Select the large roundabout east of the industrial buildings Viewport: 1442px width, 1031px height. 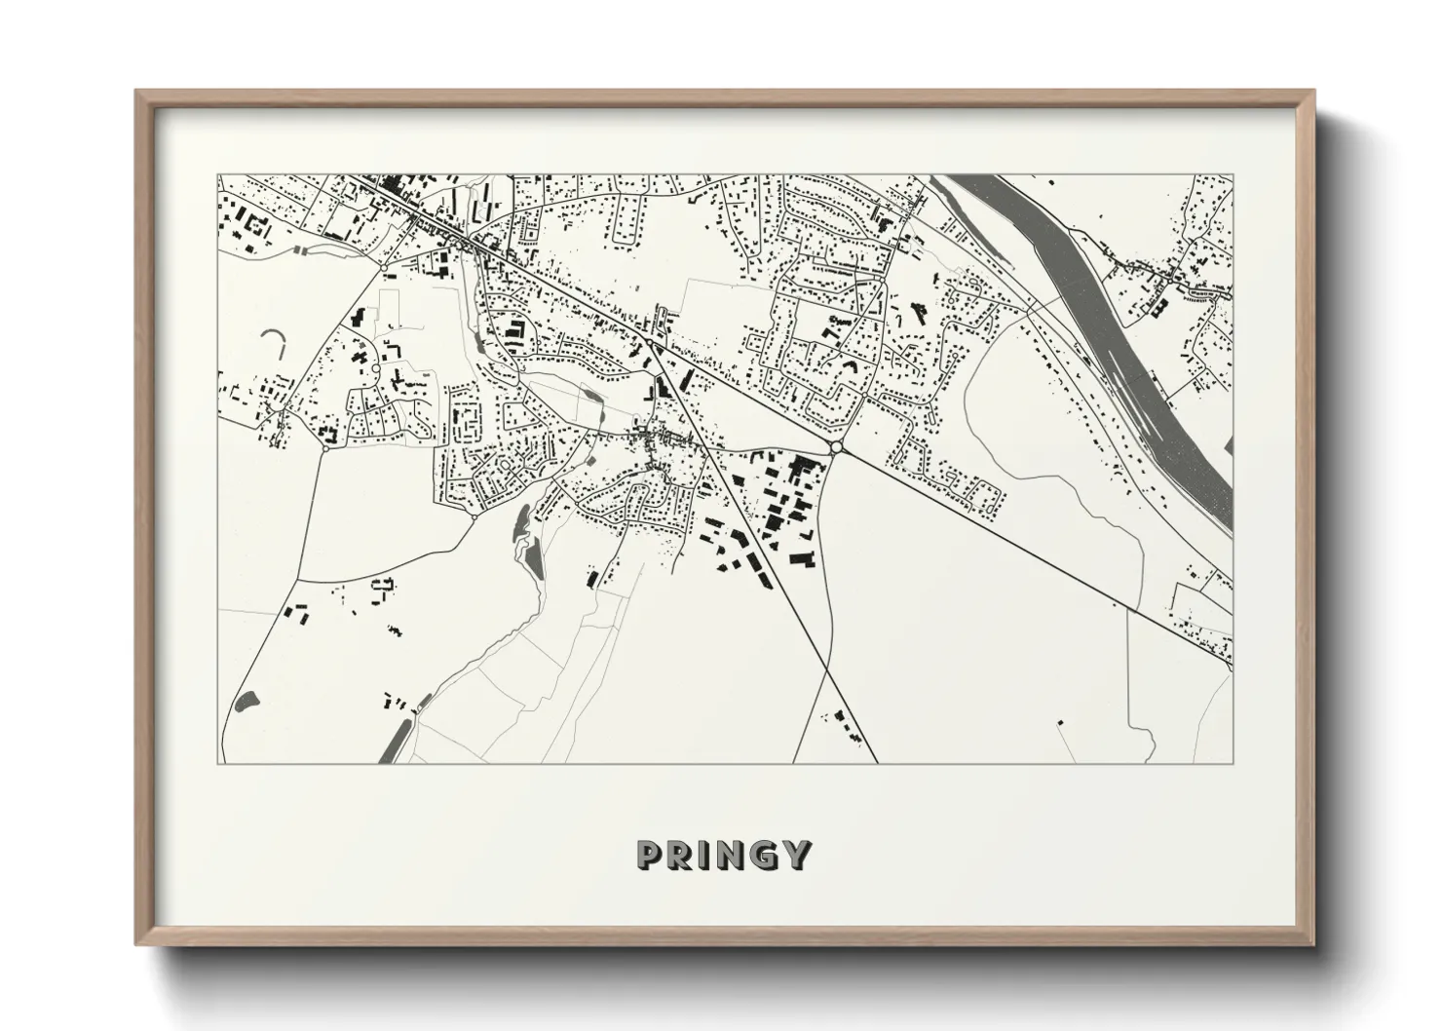pyautogui.click(x=835, y=447)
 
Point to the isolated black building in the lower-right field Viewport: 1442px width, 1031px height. pyautogui.click(x=1060, y=722)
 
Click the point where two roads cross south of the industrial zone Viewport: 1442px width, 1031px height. pyautogui.click(x=827, y=670)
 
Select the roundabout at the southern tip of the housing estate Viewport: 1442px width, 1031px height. pyautogui.click(x=474, y=516)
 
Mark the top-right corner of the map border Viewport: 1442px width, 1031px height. pyautogui.click(x=1233, y=175)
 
